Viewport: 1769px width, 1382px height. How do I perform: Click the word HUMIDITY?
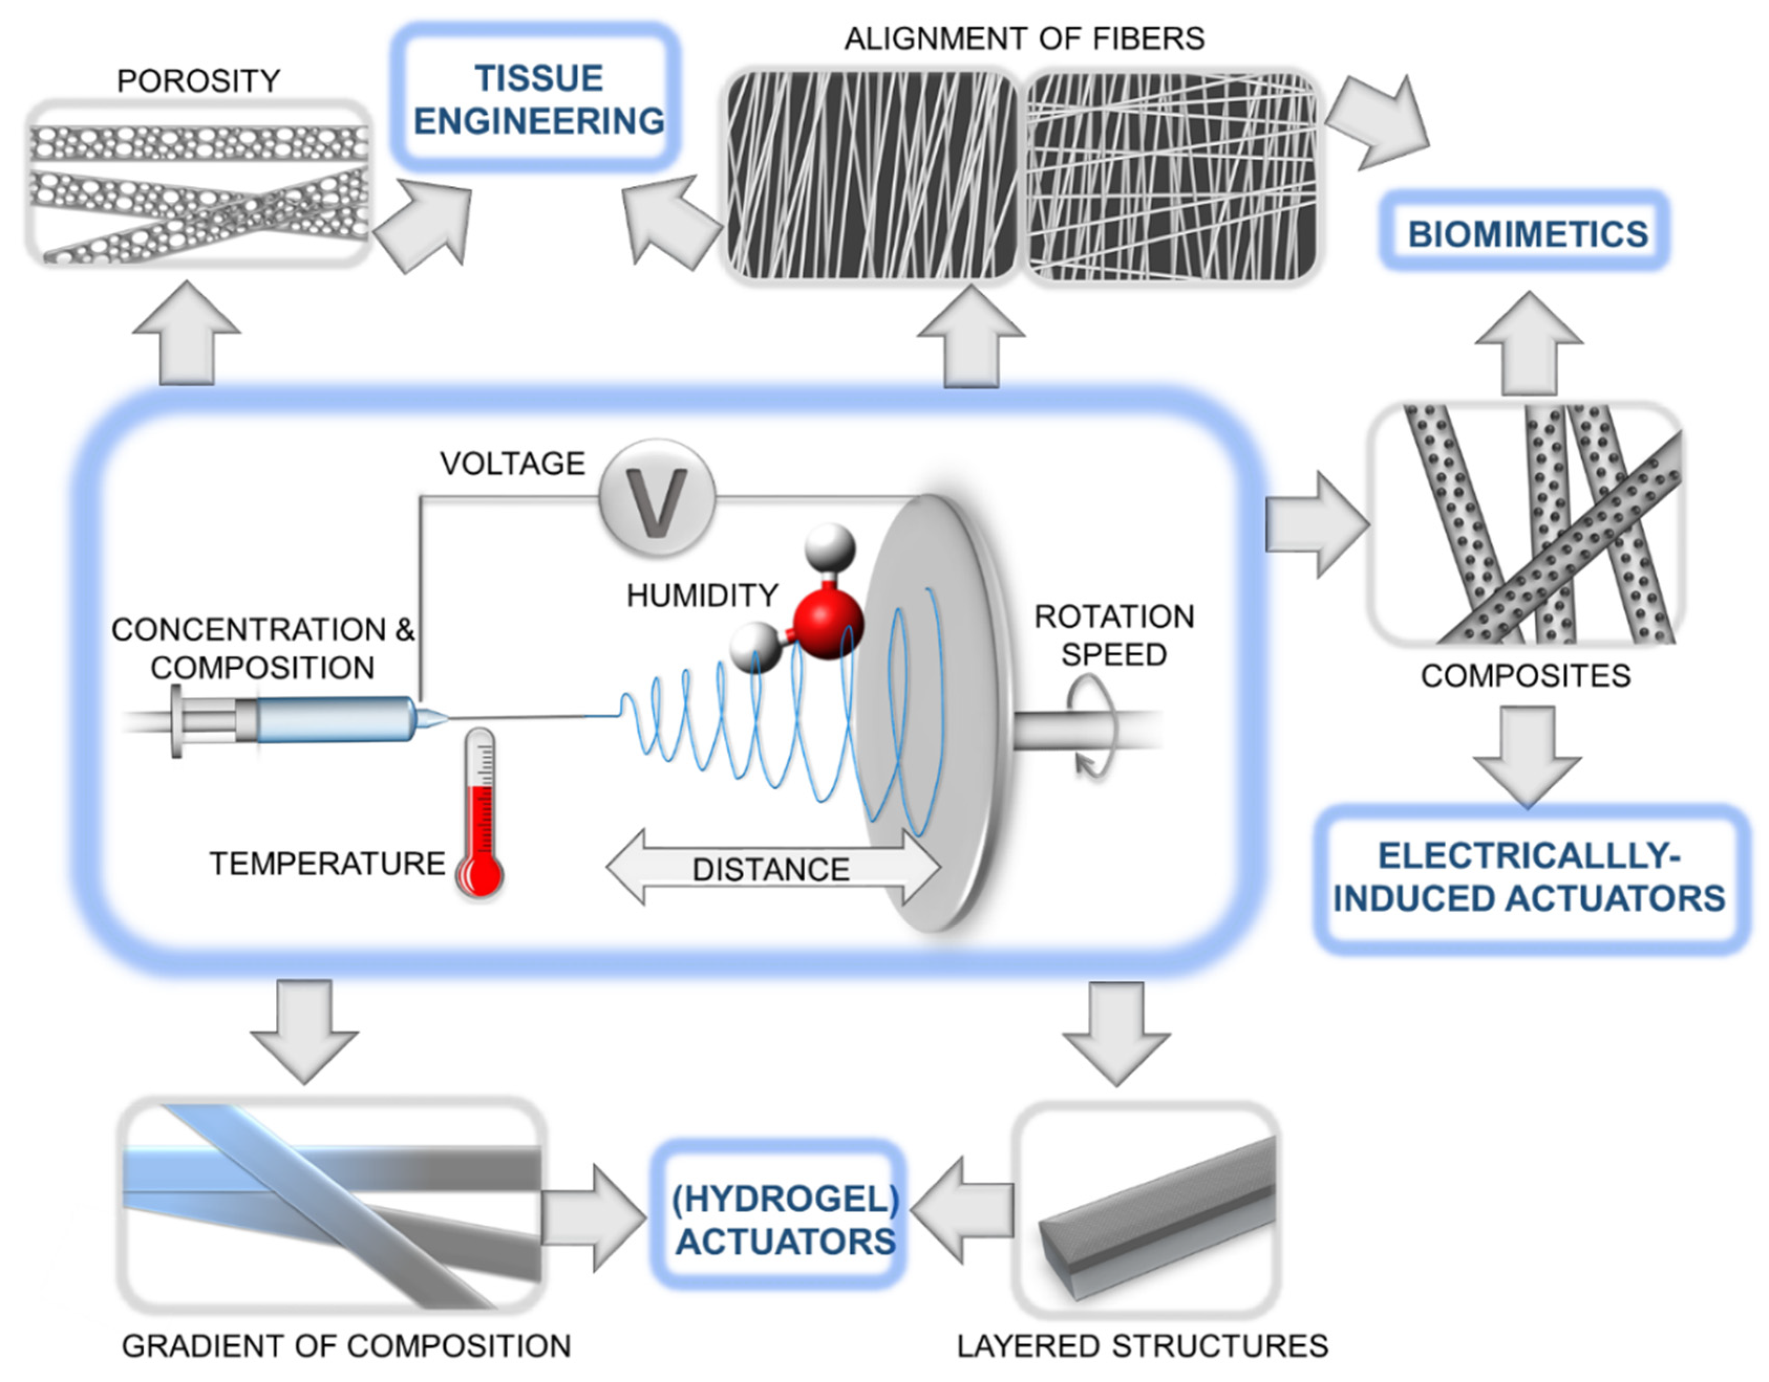[x=701, y=596]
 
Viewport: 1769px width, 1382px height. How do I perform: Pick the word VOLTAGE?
[x=512, y=464]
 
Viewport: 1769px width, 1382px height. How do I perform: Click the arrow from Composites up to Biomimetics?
[x=1528, y=344]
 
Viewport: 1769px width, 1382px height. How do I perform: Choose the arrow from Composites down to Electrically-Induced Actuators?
[x=1527, y=755]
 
